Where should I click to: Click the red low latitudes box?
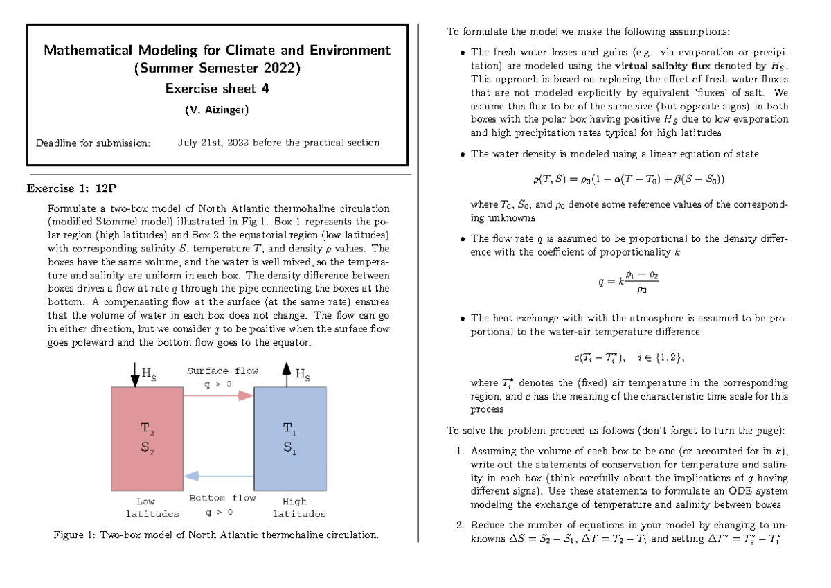(x=147, y=438)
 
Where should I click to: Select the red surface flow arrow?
(x=218, y=395)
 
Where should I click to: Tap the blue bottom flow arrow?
(x=218, y=476)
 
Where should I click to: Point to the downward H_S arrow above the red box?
(x=135, y=374)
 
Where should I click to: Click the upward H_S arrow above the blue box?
(x=286, y=374)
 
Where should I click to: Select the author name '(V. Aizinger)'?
(x=217, y=110)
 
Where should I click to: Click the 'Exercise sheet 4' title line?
(x=217, y=89)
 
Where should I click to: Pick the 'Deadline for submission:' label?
(x=93, y=143)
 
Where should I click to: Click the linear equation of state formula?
(x=629, y=179)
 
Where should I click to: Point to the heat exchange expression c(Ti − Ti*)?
(x=629, y=357)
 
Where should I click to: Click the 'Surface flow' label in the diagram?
(x=222, y=371)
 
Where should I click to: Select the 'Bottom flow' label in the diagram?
(x=222, y=498)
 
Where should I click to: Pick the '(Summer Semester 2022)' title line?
(x=217, y=69)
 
